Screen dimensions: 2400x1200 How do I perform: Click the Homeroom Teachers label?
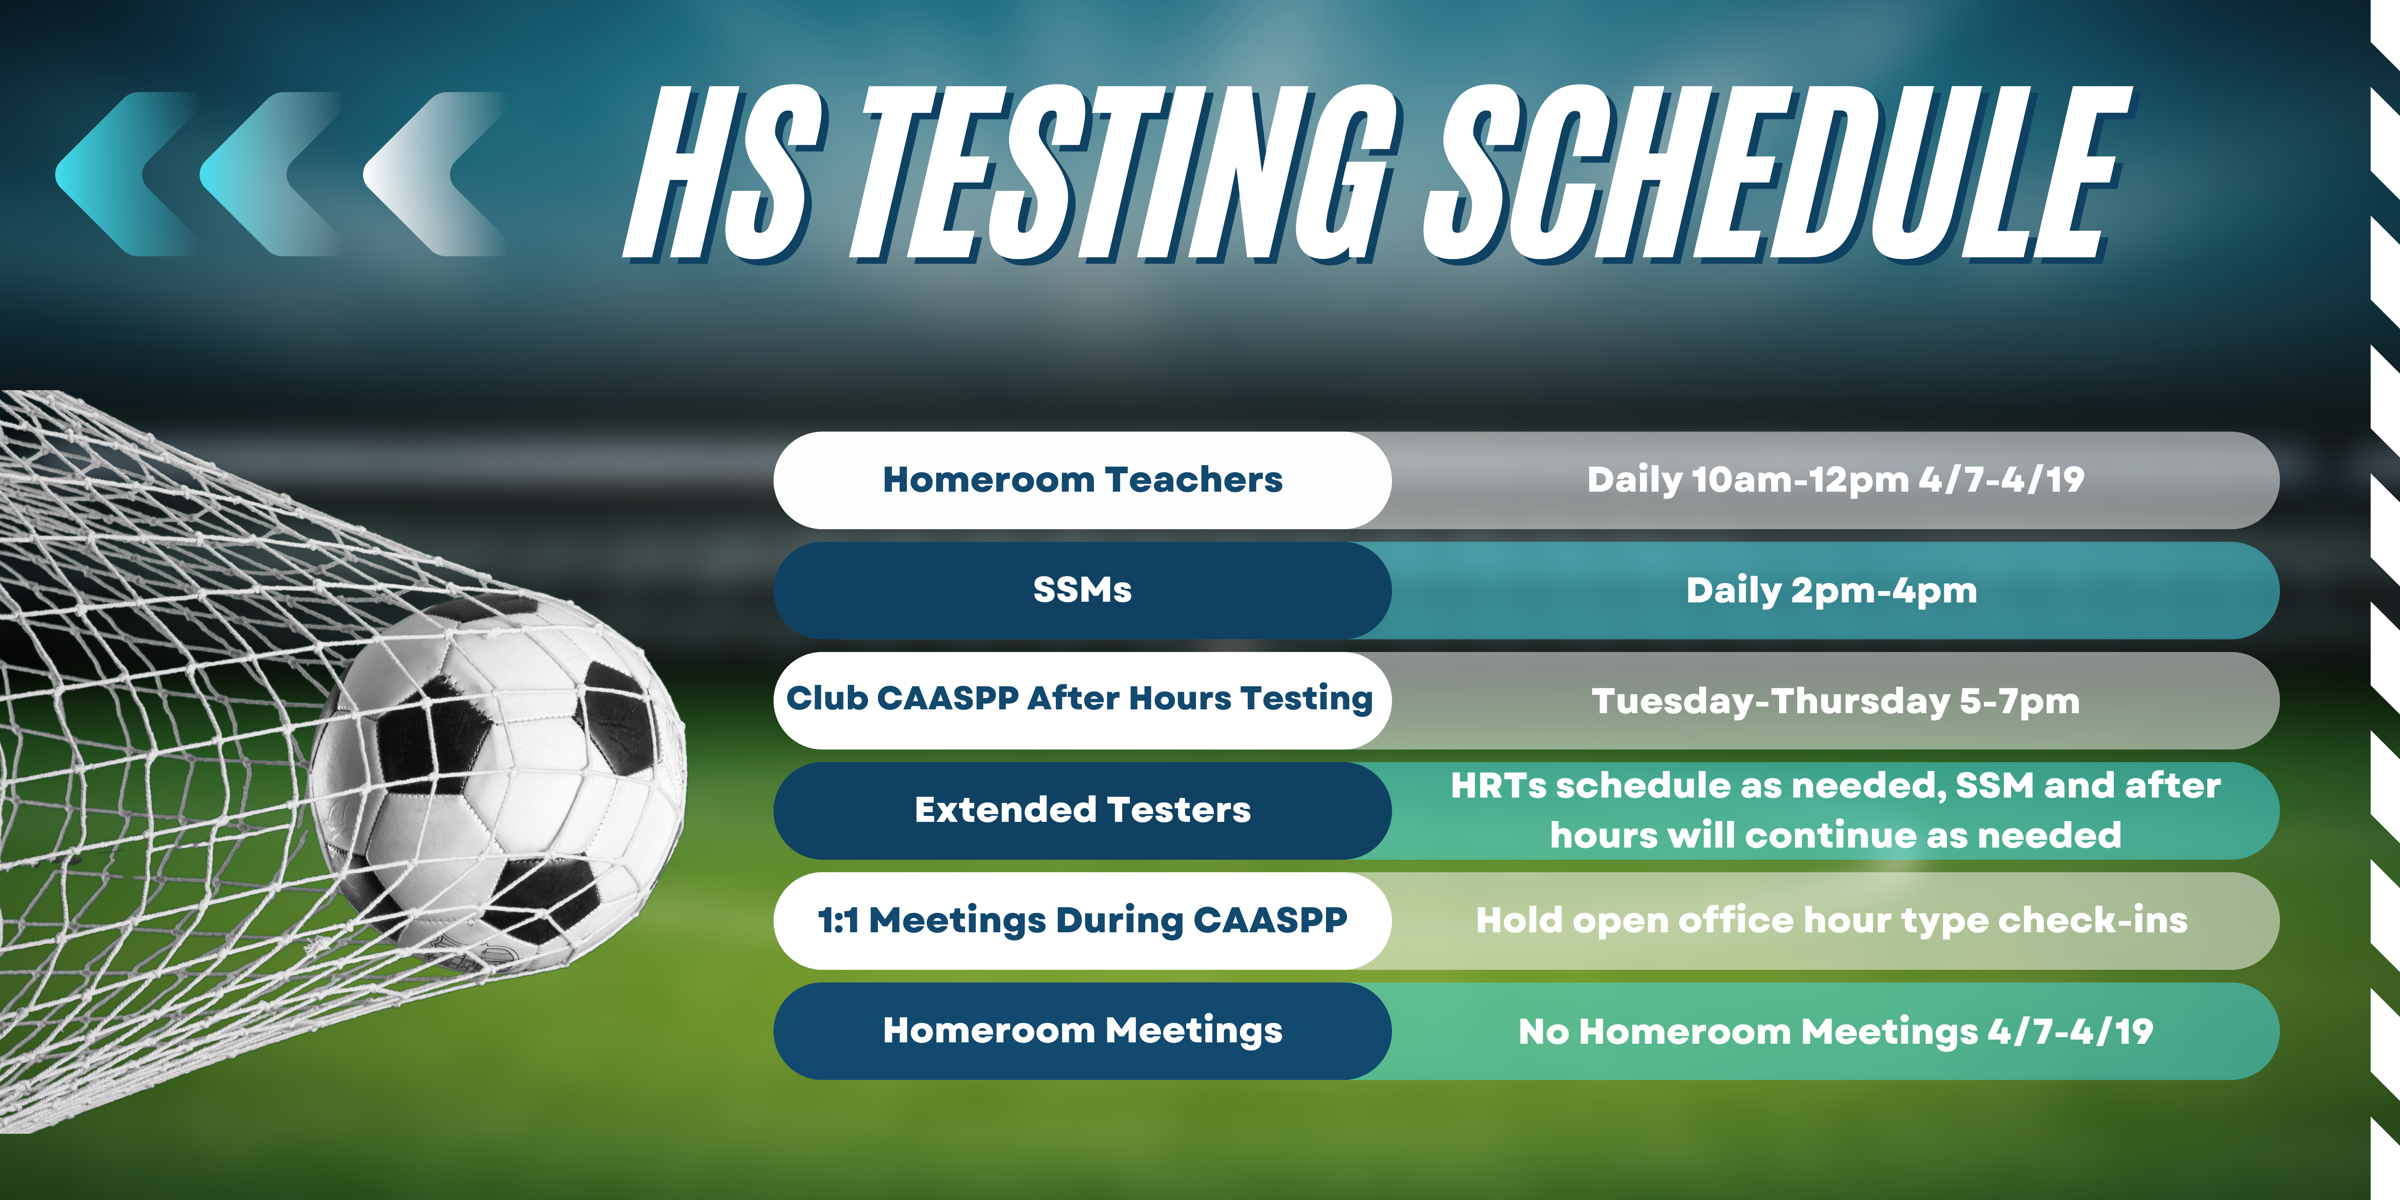[1083, 480]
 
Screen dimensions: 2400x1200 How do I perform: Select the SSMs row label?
[1083, 590]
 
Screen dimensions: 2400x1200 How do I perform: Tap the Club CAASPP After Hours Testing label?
[1080, 699]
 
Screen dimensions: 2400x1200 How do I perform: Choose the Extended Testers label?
[1083, 810]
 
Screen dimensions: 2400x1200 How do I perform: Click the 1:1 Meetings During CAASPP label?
[1083, 920]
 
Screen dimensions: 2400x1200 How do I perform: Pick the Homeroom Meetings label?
[1083, 1031]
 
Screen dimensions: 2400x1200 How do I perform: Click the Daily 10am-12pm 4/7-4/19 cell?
[1835, 480]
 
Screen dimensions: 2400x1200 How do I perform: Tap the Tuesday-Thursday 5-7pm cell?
[1835, 701]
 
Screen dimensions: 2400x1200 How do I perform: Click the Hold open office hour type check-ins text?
[1832, 920]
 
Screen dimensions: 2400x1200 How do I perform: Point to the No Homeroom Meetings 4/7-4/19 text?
[1835, 1031]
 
